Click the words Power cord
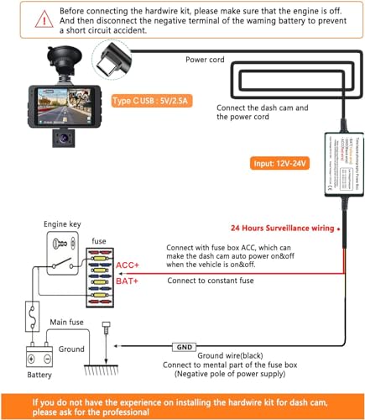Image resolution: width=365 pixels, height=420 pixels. (207, 60)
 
